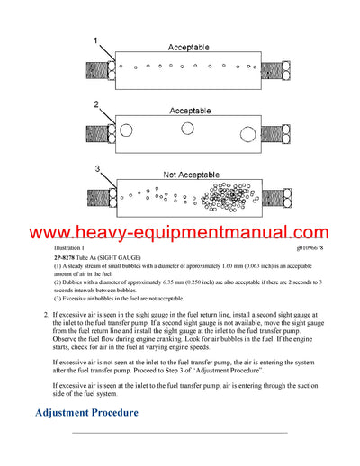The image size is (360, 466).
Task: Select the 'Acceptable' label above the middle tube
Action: (x=189, y=110)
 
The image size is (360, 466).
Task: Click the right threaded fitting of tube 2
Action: (x=281, y=132)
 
